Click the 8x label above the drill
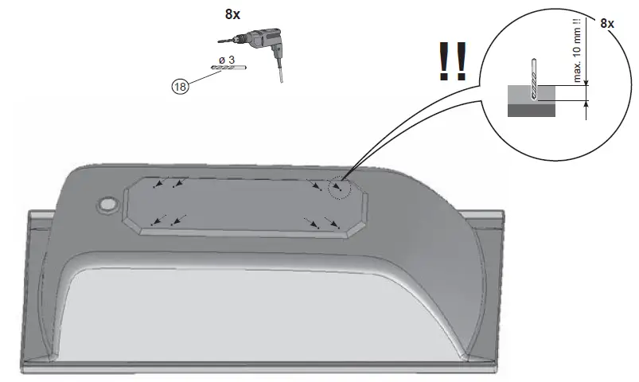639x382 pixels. click(x=232, y=14)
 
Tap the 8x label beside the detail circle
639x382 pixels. click(x=607, y=24)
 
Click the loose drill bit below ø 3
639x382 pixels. click(x=229, y=69)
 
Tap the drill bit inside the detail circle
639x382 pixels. click(x=534, y=80)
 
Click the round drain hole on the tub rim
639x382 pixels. click(x=106, y=205)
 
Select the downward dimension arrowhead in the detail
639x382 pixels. click(x=586, y=84)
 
